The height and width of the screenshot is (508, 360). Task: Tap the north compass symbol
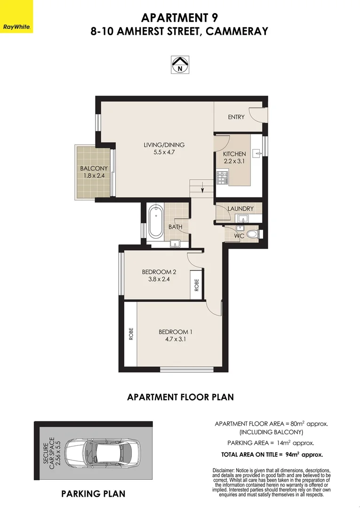point(179,64)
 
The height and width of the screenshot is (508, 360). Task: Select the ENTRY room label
point(236,117)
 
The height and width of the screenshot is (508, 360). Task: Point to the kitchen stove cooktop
point(222,177)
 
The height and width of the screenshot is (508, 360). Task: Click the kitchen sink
point(257,153)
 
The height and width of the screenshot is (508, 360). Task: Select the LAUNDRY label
point(240,208)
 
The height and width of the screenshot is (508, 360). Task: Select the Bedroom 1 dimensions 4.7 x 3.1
point(176,339)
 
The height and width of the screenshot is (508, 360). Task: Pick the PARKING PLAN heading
point(93,493)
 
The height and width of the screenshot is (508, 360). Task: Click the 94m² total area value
point(292,454)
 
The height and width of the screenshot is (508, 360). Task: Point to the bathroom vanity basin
point(175,243)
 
